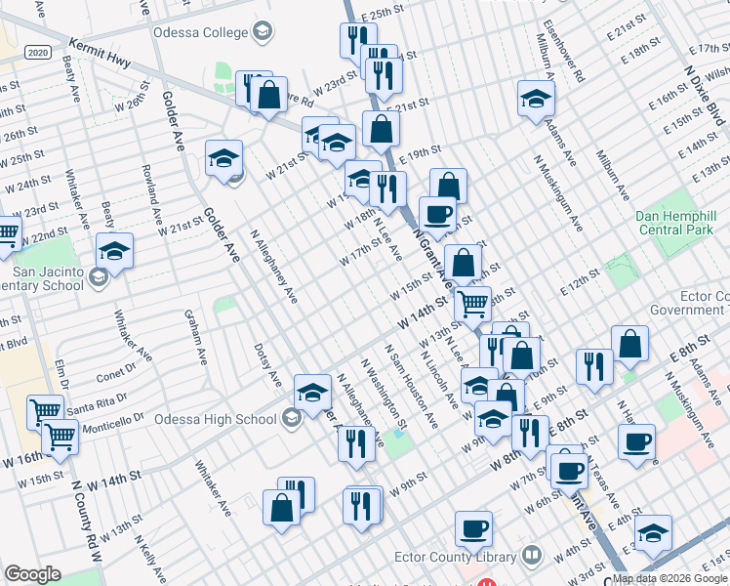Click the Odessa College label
pos(200,32)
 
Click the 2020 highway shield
pos(38,52)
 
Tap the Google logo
pos(32,574)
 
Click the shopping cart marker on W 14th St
pos(472,303)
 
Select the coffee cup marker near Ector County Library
pos(473,528)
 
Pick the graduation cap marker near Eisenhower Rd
pos(536,99)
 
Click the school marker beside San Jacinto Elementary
pos(114,251)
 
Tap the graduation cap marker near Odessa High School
pos(312,393)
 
